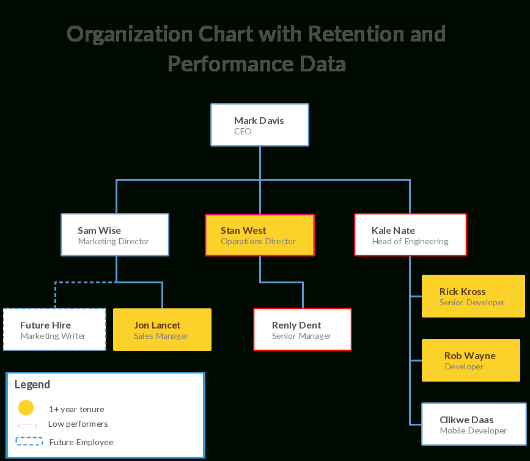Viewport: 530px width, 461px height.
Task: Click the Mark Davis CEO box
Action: [260, 125]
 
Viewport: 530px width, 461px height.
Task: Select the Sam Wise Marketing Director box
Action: [115, 234]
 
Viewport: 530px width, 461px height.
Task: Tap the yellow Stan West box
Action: [260, 234]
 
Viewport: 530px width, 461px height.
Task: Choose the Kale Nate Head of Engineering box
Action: [410, 234]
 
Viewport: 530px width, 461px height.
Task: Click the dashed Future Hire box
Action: [54, 329]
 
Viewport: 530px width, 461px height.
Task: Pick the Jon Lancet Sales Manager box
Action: [162, 330]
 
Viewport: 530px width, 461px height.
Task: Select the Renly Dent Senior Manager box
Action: [303, 329]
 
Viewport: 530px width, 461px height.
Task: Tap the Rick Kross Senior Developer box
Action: [473, 296]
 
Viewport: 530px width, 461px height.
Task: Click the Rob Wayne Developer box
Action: [471, 360]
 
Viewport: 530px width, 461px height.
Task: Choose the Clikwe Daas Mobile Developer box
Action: [474, 424]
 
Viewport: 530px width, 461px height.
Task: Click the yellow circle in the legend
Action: [26, 408]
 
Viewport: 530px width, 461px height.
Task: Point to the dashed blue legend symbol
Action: [29, 441]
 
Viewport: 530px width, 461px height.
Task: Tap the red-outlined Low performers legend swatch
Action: [28, 426]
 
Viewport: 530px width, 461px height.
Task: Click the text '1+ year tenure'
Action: [76, 409]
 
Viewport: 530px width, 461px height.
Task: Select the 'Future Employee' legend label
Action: [81, 443]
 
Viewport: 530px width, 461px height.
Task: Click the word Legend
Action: [32, 385]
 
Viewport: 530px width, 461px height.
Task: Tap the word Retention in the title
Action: [356, 34]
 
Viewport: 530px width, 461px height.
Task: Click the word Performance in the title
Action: [230, 64]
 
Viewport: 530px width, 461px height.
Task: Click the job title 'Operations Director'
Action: [258, 241]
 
